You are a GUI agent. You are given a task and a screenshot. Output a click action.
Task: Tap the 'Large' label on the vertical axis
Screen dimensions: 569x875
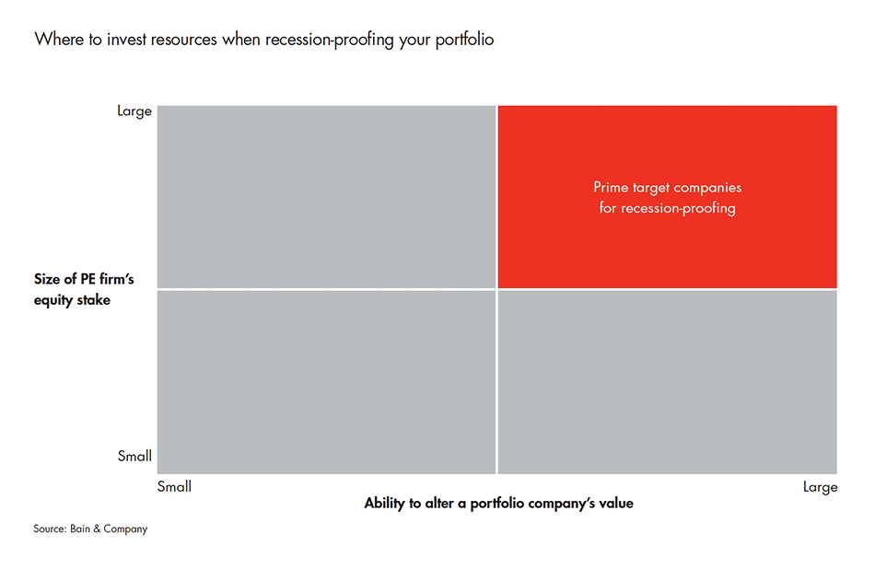[134, 111]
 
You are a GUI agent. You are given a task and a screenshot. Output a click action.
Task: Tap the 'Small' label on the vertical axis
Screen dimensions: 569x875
[134, 456]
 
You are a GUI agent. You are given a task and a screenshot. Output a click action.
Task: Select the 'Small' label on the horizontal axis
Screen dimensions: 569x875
[174, 486]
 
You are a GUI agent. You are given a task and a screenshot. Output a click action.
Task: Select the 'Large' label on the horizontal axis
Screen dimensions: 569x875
[820, 487]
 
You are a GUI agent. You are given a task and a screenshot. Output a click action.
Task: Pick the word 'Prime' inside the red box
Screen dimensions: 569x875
[612, 188]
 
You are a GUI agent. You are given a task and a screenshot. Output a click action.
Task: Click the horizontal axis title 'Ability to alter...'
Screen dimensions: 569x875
[498, 504]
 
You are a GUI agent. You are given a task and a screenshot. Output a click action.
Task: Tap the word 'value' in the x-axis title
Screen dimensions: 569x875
[615, 504]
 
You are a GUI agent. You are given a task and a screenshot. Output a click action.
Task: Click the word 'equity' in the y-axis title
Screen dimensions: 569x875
[53, 300]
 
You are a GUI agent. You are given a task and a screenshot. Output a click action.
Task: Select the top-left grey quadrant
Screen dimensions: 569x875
[326, 196]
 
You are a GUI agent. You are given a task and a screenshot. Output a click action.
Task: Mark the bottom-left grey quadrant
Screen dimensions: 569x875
[326, 382]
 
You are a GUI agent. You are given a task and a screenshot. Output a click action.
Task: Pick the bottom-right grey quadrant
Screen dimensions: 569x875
[667, 382]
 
